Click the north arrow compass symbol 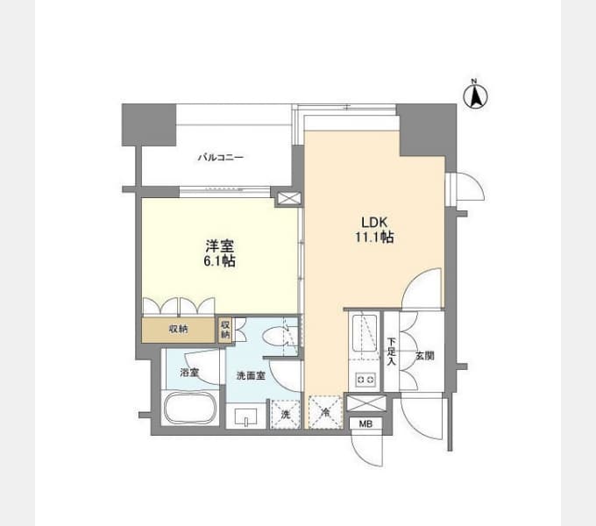(x=476, y=95)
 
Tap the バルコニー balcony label (x=221, y=157)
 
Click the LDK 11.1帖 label (x=374, y=230)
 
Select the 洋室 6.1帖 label (x=220, y=253)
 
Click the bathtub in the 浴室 (x=190, y=409)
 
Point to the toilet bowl (x=274, y=337)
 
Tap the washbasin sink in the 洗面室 (x=246, y=417)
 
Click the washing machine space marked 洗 (x=286, y=414)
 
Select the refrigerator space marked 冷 (x=325, y=412)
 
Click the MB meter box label (x=365, y=423)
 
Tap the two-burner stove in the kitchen (x=365, y=380)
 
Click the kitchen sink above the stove (x=365, y=333)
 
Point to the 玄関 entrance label (x=424, y=356)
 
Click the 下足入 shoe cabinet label (x=392, y=352)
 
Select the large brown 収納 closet (x=178, y=330)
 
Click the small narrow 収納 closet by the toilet (x=225, y=330)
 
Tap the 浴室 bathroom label (x=189, y=373)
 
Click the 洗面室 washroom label (x=251, y=376)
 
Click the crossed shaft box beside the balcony (x=288, y=199)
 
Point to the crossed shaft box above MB (x=366, y=403)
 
